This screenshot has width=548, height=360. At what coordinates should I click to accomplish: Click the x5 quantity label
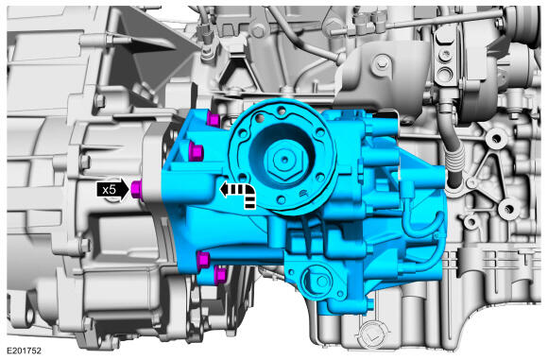click(x=109, y=190)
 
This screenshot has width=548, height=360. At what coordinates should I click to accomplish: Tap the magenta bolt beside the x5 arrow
click(x=136, y=189)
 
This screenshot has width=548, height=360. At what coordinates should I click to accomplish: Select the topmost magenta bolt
click(x=213, y=119)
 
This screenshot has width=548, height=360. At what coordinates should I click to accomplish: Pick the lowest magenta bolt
click(x=220, y=274)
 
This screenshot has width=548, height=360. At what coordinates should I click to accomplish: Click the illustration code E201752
click(x=25, y=351)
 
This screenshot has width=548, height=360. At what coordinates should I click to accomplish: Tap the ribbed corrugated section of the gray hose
click(x=455, y=157)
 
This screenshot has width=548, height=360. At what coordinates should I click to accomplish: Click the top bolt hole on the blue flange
click(x=281, y=111)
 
